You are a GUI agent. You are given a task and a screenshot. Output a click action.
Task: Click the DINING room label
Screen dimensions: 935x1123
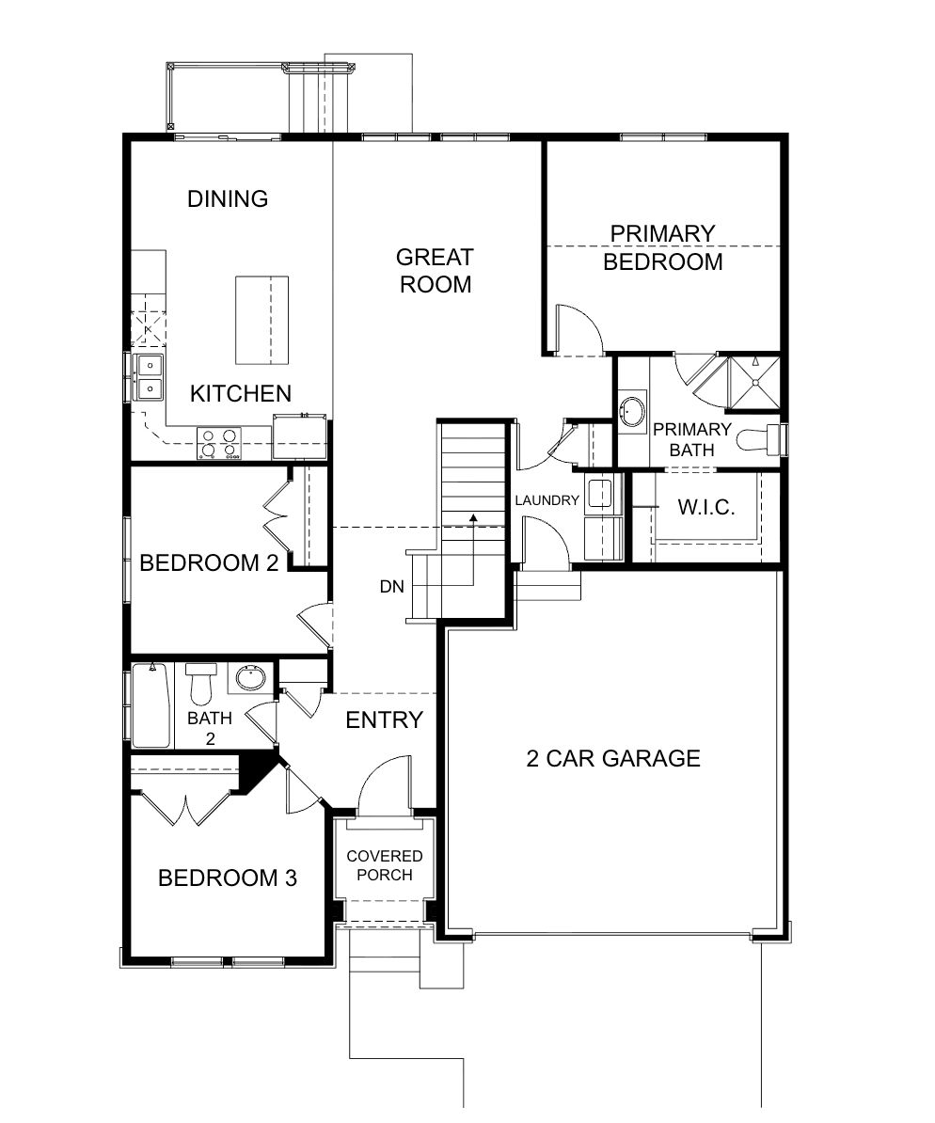coord(228,198)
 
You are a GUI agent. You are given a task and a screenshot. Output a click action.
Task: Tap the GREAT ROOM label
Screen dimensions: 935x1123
coord(435,271)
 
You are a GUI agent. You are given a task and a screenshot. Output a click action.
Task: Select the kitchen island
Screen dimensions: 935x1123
coord(262,320)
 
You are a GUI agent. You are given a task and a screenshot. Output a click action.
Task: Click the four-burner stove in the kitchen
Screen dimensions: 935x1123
coord(218,443)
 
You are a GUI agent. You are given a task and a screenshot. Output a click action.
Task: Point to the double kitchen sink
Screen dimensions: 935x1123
coord(149,377)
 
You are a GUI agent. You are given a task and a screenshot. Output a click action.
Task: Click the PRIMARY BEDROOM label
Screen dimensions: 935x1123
coord(663,247)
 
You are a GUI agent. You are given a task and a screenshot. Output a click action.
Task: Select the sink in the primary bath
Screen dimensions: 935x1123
coord(633,411)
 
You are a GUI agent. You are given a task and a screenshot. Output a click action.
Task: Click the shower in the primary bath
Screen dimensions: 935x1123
coord(753,383)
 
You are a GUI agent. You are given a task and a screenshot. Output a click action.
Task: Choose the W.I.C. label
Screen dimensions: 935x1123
coord(706,507)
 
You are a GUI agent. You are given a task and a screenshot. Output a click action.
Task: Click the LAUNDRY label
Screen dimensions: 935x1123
coord(547,500)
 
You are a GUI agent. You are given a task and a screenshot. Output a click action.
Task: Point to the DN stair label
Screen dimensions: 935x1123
coord(392,587)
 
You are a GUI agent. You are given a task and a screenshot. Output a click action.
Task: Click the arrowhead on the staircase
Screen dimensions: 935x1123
coord(473,516)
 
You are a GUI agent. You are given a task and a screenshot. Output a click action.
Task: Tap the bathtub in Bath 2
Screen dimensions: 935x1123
coord(151,704)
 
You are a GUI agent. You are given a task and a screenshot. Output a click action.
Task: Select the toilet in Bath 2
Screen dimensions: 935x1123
coord(200,682)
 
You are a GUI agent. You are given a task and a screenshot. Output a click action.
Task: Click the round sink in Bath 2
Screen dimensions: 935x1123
coord(250,677)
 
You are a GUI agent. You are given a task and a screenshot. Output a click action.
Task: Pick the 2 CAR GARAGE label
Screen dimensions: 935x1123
coord(613,758)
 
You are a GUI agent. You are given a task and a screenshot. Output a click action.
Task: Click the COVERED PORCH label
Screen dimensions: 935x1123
coord(385,865)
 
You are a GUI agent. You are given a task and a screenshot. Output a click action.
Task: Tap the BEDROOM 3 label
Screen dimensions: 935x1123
coord(227,878)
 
